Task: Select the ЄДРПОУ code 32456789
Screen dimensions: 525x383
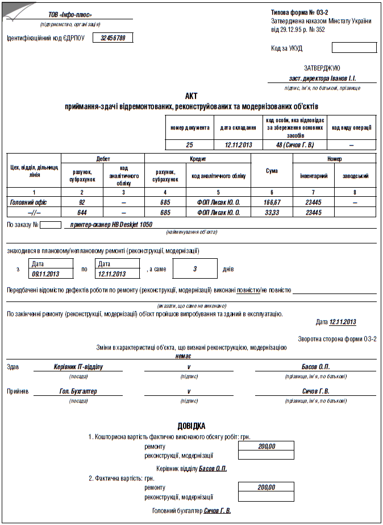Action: coord(113,38)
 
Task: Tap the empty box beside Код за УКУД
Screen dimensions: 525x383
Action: coord(353,48)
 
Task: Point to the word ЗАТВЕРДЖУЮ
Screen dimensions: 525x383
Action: coord(322,68)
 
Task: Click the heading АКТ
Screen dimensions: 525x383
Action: coord(191,96)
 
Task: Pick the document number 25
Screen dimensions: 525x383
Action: coord(190,145)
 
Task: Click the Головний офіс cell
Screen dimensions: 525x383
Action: coord(28,202)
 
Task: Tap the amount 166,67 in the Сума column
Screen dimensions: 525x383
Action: coord(272,202)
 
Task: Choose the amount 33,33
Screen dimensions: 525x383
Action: coord(272,212)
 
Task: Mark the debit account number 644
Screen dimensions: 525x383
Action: coord(82,212)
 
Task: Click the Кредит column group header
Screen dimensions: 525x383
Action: coord(197,159)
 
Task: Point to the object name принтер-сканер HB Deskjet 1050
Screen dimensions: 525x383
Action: coord(111,225)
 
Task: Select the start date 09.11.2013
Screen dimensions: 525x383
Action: coord(46,274)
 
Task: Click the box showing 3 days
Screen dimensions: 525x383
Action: coord(194,268)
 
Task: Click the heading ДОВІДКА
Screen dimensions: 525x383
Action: coord(191,425)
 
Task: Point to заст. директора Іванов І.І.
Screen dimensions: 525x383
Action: coord(322,78)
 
